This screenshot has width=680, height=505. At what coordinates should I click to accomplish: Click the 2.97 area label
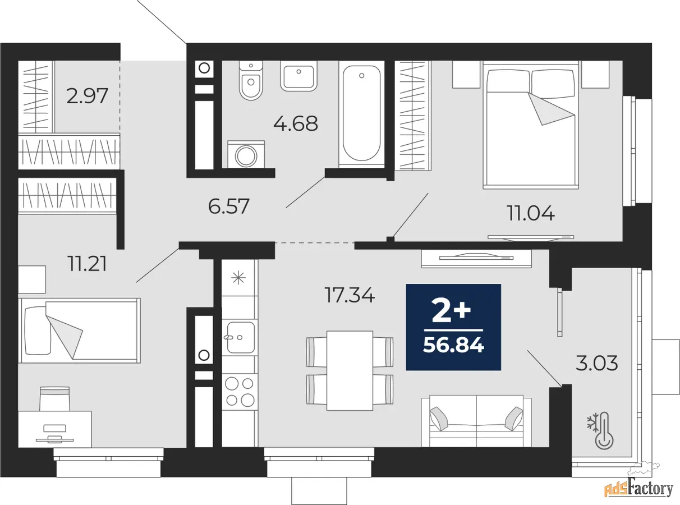(87, 95)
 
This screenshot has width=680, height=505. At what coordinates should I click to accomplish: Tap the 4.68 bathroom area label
(296, 123)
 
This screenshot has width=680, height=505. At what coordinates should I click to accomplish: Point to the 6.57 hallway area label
(229, 206)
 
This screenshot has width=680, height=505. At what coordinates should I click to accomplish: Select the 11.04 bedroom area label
(531, 213)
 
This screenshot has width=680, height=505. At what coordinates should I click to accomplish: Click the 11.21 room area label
(88, 264)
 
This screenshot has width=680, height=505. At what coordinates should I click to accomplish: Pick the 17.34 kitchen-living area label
(350, 295)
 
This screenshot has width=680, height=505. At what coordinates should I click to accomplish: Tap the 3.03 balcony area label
(596, 364)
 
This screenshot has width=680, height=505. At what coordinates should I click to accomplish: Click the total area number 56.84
(453, 346)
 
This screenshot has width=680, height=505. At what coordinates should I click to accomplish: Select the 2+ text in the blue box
(451, 311)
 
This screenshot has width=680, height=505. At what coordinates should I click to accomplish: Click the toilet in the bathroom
(251, 80)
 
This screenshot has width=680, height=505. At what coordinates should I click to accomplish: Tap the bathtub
(361, 113)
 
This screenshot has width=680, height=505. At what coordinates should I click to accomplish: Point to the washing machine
(246, 154)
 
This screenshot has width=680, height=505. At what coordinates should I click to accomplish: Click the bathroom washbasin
(298, 76)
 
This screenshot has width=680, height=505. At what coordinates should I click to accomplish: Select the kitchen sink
(240, 337)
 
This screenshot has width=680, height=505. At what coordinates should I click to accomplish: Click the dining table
(350, 370)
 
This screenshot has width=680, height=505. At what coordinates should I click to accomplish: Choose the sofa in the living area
(476, 421)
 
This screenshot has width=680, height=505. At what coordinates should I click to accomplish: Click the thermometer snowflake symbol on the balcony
(600, 430)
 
